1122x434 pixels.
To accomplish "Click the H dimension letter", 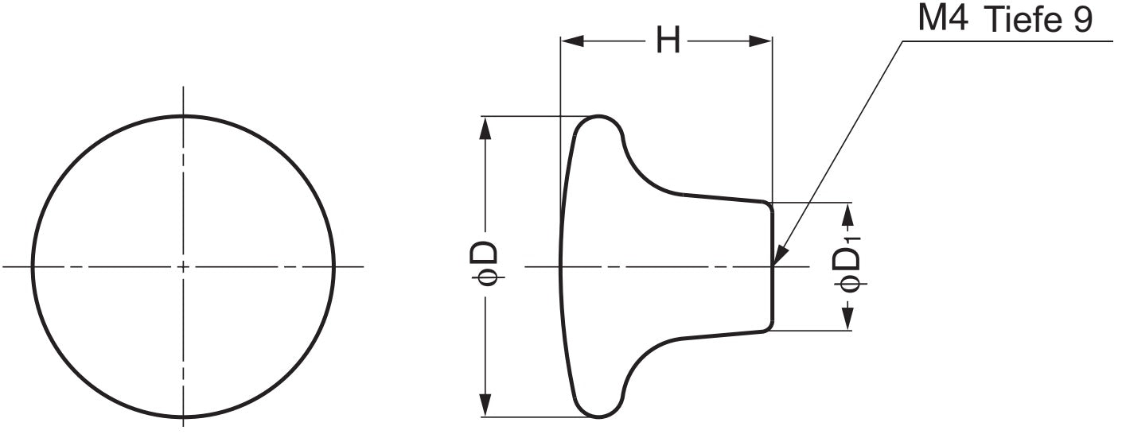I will (668, 41).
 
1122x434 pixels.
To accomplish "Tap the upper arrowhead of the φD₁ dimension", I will (848, 212).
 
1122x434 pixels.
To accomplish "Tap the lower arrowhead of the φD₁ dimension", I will (848, 320).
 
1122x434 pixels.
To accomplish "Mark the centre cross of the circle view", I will (184, 265).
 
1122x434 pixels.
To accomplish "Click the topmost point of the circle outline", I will (184, 116).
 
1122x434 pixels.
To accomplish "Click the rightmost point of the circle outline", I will (334, 265).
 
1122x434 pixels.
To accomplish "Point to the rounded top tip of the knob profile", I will (598, 117).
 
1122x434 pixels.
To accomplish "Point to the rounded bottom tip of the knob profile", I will (598, 416).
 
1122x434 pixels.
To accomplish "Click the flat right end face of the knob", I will (772, 265).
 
